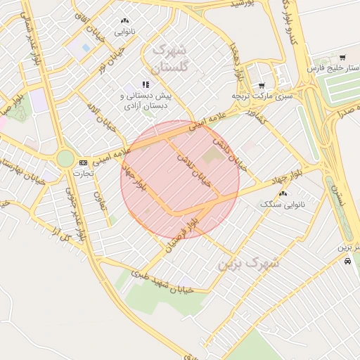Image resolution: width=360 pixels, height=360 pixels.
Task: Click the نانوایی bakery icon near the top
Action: click(125, 21)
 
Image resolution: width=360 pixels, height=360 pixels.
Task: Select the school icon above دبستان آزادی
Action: click(146, 84)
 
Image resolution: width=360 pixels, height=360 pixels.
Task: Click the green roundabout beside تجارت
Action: click(65, 158)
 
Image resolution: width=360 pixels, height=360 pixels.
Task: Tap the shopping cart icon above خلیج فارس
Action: click(342, 58)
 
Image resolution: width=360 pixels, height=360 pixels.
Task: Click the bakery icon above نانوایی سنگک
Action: click(283, 193)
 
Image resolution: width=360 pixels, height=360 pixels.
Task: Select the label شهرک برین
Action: click(248, 263)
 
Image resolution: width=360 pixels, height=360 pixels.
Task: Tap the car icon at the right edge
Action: click(347, 260)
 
